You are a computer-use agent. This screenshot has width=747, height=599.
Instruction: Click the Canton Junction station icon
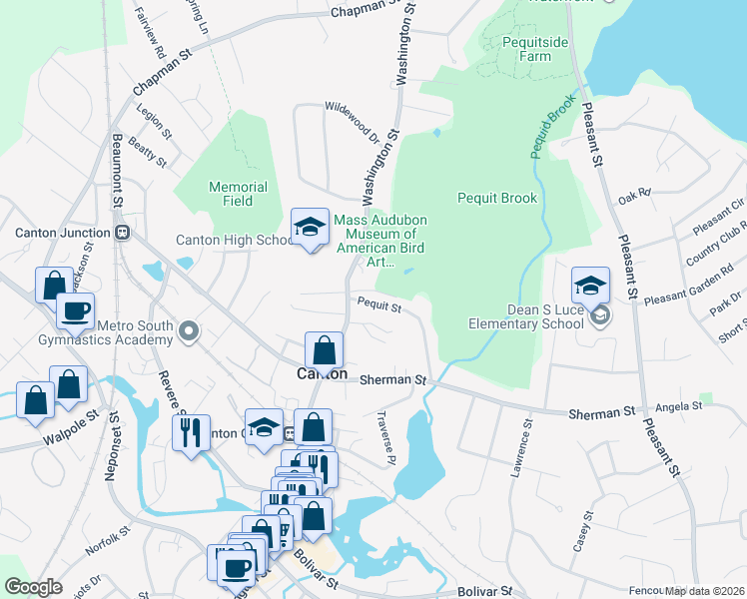(x=123, y=233)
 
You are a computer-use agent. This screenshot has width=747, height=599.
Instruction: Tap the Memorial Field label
(x=238, y=194)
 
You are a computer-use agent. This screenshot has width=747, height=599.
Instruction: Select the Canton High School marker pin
(x=310, y=229)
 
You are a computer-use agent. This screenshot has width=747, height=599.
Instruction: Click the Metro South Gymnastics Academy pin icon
(x=189, y=330)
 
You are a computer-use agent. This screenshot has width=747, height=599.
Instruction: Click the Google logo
(x=33, y=587)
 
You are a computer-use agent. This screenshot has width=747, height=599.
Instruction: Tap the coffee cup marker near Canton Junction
(x=75, y=309)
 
